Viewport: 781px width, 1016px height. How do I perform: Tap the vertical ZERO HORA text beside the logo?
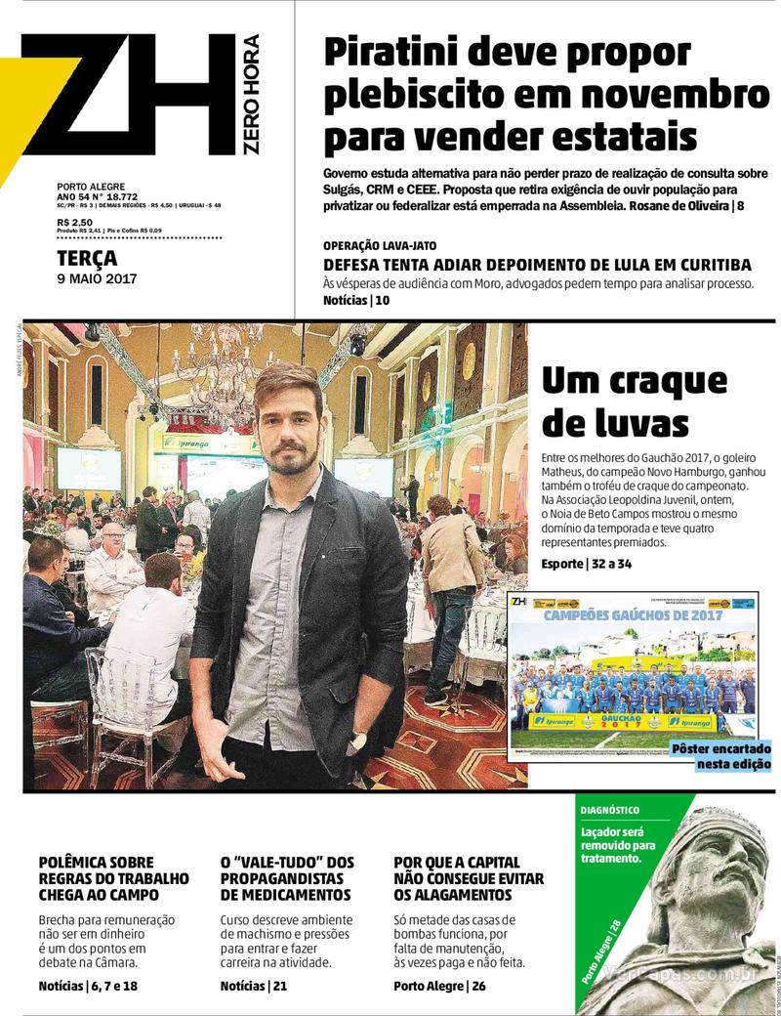pyautogui.click(x=251, y=94)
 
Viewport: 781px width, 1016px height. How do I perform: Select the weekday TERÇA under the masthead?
pyautogui.click(x=87, y=259)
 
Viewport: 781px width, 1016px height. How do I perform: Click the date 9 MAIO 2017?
pyautogui.click(x=97, y=278)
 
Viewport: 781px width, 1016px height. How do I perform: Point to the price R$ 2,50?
pyautogui.click(x=74, y=223)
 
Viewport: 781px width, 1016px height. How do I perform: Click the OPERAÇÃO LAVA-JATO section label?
pyautogui.click(x=387, y=245)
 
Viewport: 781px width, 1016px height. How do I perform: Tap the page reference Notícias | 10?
pyautogui.click(x=356, y=301)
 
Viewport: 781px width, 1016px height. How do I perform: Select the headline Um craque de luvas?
pyautogui.click(x=635, y=402)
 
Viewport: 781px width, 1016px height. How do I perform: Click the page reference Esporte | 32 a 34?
pyautogui.click(x=587, y=565)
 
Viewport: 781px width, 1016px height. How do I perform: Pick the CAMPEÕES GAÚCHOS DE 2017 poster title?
pyautogui.click(x=633, y=615)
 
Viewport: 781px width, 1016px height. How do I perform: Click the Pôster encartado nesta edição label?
pyautogui.click(x=720, y=756)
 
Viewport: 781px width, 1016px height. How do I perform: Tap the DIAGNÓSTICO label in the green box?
pyautogui.click(x=610, y=810)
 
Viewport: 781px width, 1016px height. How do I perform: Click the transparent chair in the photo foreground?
pyautogui.click(x=127, y=703)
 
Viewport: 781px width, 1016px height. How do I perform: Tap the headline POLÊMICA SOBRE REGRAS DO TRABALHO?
pyautogui.click(x=113, y=878)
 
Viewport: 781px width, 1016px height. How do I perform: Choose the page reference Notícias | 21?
pyautogui.click(x=253, y=986)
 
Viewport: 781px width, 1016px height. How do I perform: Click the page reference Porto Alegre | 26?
pyautogui.click(x=439, y=986)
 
